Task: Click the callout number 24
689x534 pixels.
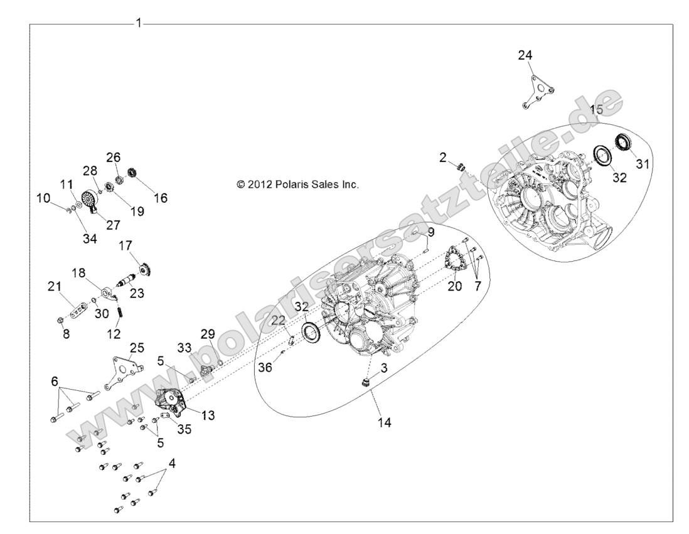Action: pos(525,55)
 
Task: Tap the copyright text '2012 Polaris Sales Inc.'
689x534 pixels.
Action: pos(297,184)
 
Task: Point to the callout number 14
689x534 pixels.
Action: pos(385,423)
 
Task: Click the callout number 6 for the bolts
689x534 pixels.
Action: pos(55,382)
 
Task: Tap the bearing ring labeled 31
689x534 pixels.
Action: pos(624,142)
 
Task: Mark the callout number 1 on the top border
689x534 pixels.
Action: pos(139,23)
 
